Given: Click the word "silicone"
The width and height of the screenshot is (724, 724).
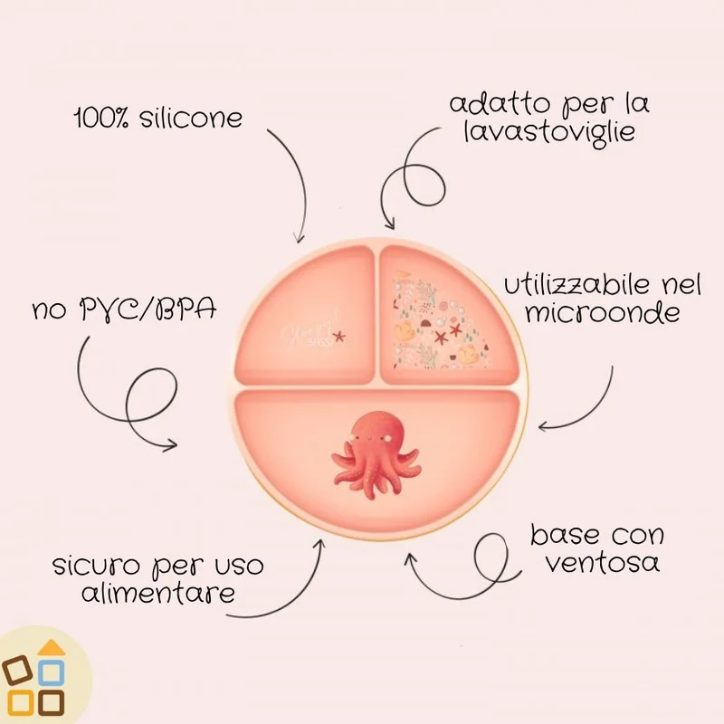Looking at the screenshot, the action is click(x=191, y=119).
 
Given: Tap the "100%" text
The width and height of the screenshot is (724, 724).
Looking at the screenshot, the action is click(x=102, y=119).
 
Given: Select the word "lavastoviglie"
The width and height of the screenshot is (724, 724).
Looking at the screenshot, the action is click(x=549, y=132).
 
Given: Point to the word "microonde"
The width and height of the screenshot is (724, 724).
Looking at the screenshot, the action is click(x=603, y=313).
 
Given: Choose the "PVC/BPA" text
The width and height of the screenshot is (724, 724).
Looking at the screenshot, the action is click(x=148, y=310).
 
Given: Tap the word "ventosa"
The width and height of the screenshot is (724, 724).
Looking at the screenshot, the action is click(x=603, y=562).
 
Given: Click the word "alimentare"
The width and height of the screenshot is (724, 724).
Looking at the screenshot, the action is click(x=158, y=593).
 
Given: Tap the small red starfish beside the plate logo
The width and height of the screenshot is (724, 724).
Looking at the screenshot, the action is click(x=339, y=336).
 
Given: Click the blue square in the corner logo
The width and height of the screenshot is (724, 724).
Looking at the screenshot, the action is click(x=51, y=672).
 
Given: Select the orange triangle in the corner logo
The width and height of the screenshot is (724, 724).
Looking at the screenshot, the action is click(x=52, y=647).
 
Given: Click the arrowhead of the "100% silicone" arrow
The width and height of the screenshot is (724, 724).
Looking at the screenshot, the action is click(x=300, y=237).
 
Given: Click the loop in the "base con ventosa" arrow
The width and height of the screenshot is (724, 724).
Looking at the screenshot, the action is click(x=493, y=557).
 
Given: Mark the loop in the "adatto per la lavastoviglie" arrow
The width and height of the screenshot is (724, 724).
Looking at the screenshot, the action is click(x=424, y=185).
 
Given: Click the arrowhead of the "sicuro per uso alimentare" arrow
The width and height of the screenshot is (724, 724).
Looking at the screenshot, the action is click(x=319, y=545).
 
